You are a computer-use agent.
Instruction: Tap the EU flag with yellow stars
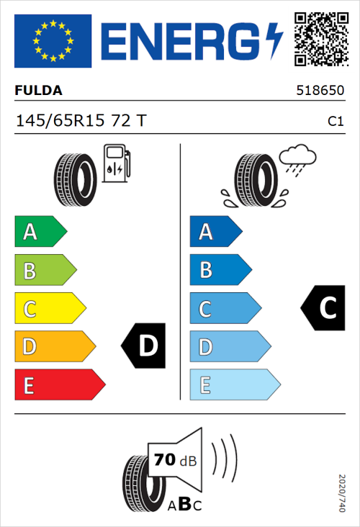[x=53, y=41]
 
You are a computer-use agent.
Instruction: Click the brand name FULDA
[x=38, y=91]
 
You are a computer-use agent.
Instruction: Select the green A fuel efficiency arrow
[x=40, y=232]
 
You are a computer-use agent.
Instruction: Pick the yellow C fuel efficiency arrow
[x=50, y=309]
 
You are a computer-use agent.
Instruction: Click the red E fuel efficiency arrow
[x=59, y=385]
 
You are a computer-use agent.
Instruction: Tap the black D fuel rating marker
[x=144, y=346]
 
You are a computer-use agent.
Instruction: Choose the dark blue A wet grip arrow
[x=215, y=232]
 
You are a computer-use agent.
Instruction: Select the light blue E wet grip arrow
[x=234, y=385]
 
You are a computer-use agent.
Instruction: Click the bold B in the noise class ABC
[x=184, y=505]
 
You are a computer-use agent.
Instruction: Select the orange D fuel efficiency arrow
[x=54, y=347]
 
